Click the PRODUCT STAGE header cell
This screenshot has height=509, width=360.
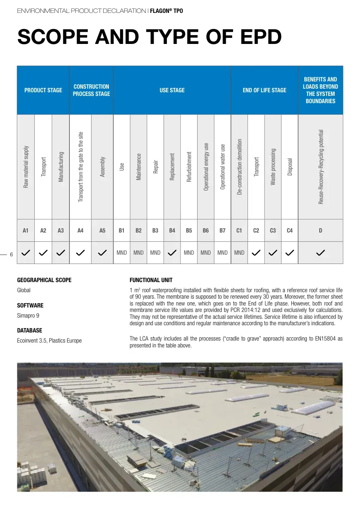click(x=43, y=90)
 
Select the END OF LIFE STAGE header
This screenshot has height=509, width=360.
click(x=264, y=90)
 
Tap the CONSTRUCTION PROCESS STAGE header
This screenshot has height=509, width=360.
click(x=91, y=90)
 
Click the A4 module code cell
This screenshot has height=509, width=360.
click(x=80, y=231)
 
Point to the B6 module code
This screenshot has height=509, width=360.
click(x=206, y=231)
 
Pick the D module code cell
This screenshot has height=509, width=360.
click(x=320, y=231)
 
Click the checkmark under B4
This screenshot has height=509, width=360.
click(x=172, y=253)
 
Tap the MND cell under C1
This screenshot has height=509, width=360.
click(x=239, y=253)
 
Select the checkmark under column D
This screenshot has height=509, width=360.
click(x=320, y=253)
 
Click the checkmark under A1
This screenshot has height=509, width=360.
click(x=26, y=253)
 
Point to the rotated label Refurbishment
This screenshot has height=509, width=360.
click(x=189, y=166)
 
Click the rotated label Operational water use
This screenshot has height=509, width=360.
click(x=223, y=166)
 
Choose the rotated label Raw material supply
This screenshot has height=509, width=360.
click(x=26, y=166)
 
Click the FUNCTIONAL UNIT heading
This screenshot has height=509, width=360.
click(x=151, y=280)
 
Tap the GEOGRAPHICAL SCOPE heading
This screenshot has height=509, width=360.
click(x=44, y=280)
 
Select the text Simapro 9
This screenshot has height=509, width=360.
click(x=28, y=316)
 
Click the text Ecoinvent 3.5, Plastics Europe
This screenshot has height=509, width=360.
click(x=49, y=341)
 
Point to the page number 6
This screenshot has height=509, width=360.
click(x=11, y=255)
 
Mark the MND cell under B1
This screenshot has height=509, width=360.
click(x=122, y=253)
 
